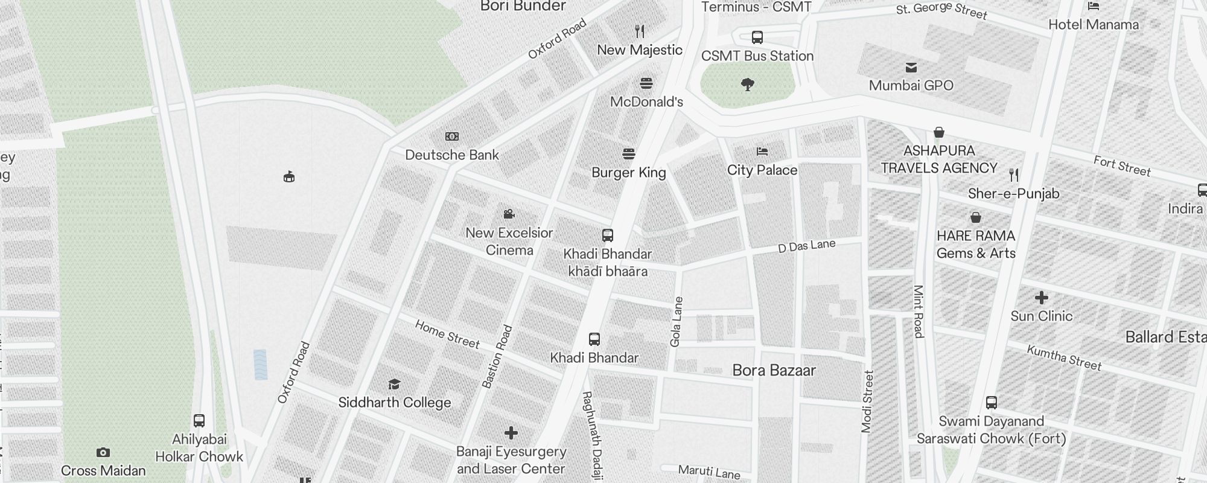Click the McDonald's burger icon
(646, 83)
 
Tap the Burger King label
(628, 173)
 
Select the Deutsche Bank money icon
(451, 136)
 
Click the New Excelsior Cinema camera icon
(509, 214)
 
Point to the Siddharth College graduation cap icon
(394, 384)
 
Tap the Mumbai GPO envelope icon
(911, 68)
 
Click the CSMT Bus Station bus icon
(757, 37)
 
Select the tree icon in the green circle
(748, 84)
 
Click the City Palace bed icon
(762, 152)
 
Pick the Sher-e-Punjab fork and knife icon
(1014, 175)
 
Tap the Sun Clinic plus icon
(1042, 298)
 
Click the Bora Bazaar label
(774, 370)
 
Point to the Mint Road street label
(919, 312)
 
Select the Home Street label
(447, 334)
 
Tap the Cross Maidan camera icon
(103, 452)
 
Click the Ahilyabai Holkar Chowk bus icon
(199, 421)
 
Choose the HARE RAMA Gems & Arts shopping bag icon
(976, 217)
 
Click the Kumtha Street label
(1064, 357)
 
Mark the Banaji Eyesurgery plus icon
(511, 433)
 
